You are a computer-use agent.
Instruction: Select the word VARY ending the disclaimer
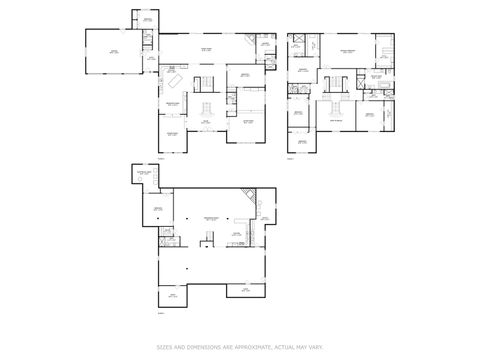[x=318, y=347]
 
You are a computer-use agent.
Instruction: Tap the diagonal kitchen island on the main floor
[x=175, y=80]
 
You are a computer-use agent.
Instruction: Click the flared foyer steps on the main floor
[x=207, y=107]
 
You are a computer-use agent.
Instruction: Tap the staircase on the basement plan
[x=208, y=238]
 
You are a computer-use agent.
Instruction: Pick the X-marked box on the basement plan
[x=171, y=238]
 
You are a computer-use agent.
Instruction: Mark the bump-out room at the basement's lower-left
[x=171, y=296]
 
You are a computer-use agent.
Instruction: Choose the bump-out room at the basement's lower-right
[x=244, y=291]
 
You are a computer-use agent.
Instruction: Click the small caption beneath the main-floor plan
[x=163, y=156]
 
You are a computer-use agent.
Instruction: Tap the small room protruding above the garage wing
[x=146, y=19]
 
